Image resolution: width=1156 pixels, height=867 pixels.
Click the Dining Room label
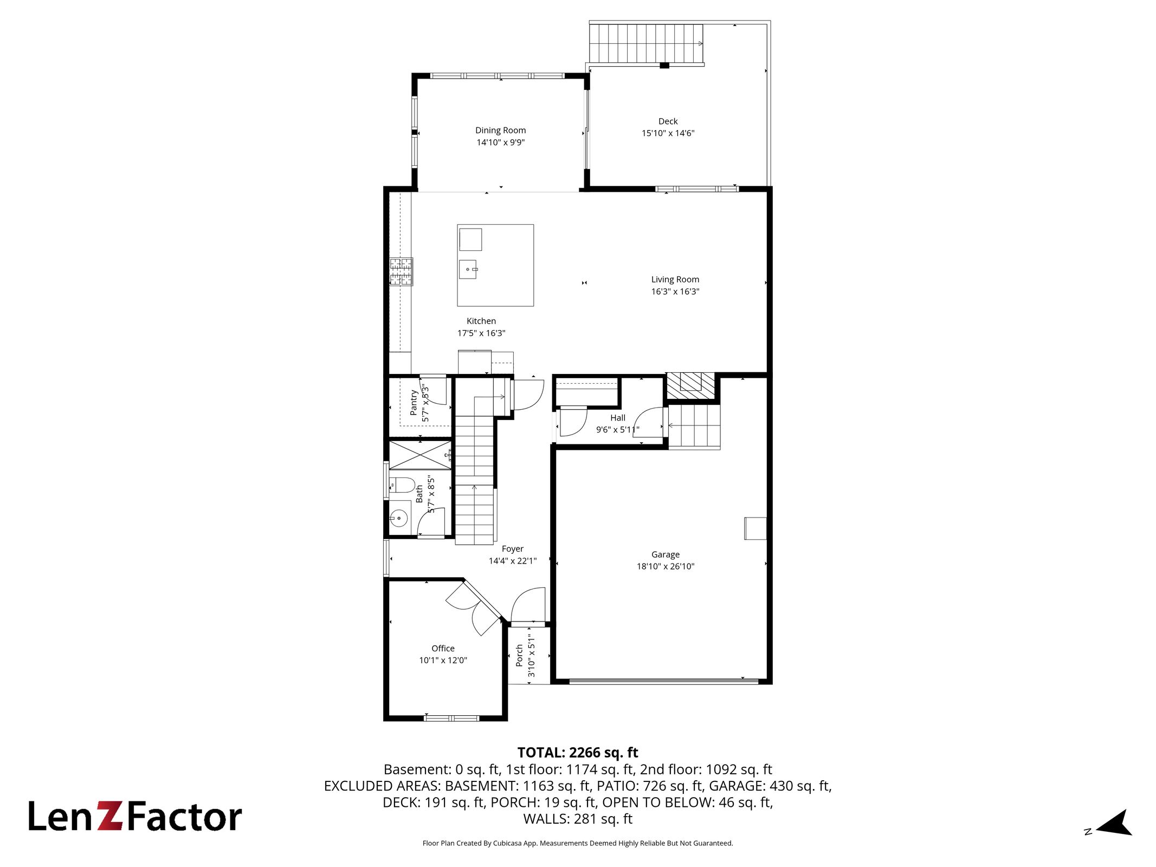coord(500,130)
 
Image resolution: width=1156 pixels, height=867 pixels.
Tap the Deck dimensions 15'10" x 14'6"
coord(668,133)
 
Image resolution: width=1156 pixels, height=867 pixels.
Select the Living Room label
coord(675,280)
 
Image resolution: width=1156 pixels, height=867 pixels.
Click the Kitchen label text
coord(481,321)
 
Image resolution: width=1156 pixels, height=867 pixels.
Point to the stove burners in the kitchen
coord(402,271)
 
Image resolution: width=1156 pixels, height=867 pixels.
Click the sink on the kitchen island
coord(468,269)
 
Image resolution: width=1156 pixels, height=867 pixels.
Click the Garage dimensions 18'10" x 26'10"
coord(666,566)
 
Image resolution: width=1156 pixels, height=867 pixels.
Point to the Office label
coord(443,648)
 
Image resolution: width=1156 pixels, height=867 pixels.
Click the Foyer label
coord(513,548)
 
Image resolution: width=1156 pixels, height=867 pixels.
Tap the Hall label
coord(618,418)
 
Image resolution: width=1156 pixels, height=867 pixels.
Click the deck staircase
coord(647,43)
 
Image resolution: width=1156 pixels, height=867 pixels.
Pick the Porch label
coord(519,655)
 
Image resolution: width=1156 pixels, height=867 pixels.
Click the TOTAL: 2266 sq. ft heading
coord(578,752)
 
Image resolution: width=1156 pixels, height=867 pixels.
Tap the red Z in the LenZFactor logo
coord(111,816)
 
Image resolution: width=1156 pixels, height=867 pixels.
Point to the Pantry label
coord(414,402)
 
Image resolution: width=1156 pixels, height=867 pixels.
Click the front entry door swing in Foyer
coord(528,605)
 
